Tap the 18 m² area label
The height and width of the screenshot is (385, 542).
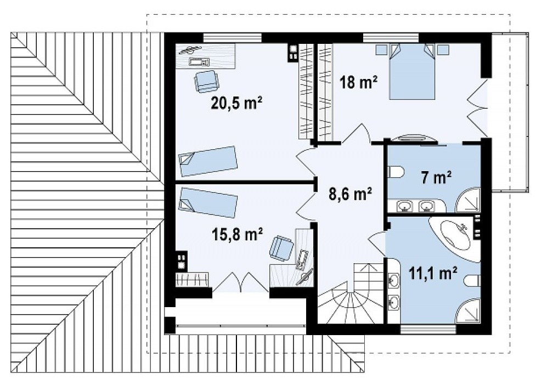point(358,82)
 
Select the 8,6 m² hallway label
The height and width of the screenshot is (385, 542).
point(350,194)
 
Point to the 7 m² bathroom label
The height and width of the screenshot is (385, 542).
point(436,178)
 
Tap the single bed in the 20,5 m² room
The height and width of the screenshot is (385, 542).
point(207,161)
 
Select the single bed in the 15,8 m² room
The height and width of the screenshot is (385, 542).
point(208,203)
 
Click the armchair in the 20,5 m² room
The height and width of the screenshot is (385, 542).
point(206,81)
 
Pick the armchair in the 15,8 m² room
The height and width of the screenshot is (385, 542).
point(281,248)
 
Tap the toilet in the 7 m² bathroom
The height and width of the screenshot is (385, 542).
point(396,171)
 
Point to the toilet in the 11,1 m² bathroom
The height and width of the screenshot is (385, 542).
point(472,281)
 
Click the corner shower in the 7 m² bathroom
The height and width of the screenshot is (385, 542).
point(468,200)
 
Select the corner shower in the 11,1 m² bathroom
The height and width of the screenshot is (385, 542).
point(468,311)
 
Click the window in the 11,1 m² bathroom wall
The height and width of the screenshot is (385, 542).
point(428,330)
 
